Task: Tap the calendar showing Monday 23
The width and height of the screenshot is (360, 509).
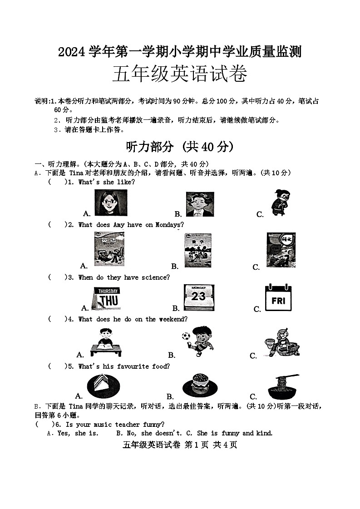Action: [x=198, y=297]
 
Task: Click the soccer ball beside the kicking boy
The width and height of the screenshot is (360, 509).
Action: [x=186, y=337]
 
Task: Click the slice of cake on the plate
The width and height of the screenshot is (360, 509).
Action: [x=104, y=385]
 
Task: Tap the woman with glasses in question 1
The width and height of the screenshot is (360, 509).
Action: [x=110, y=203]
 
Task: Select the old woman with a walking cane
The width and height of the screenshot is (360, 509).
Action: [x=277, y=202]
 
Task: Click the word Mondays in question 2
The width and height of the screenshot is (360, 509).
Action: [x=169, y=225]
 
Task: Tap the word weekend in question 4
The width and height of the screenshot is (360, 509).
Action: [x=173, y=319]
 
